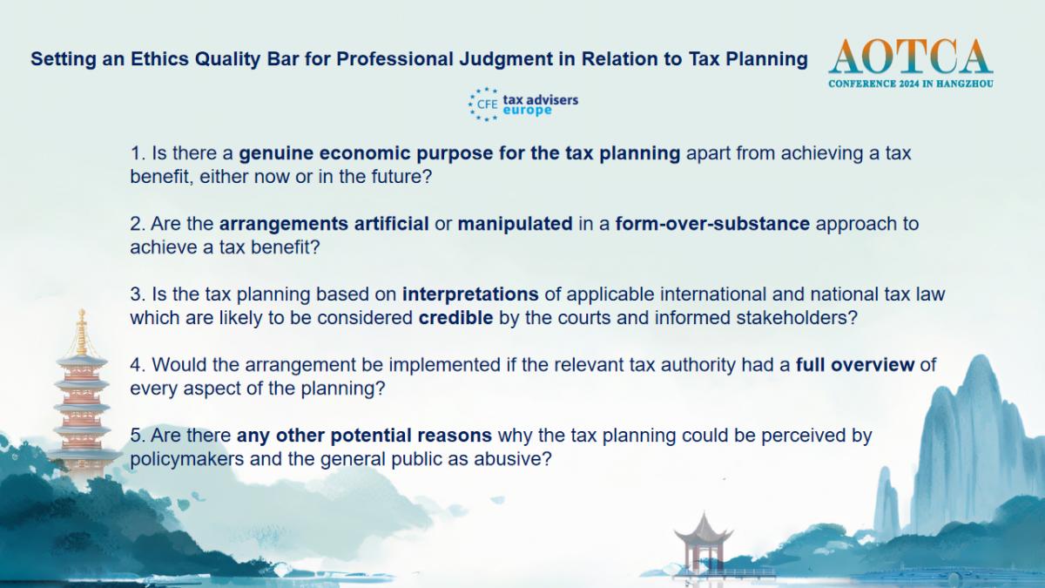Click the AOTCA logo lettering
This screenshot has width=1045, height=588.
[910, 57]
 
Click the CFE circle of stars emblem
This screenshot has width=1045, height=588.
[483, 104]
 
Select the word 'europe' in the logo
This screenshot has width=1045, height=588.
[527, 111]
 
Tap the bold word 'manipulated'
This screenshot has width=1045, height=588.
[515, 224]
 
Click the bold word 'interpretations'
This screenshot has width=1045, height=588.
[470, 294]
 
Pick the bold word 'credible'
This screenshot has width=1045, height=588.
[455, 318]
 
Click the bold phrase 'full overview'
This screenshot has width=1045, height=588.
[854, 364]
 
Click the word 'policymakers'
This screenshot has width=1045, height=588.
[186, 459]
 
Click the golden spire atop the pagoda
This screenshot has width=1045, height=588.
[82, 331]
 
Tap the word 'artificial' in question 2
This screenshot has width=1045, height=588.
[391, 224]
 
